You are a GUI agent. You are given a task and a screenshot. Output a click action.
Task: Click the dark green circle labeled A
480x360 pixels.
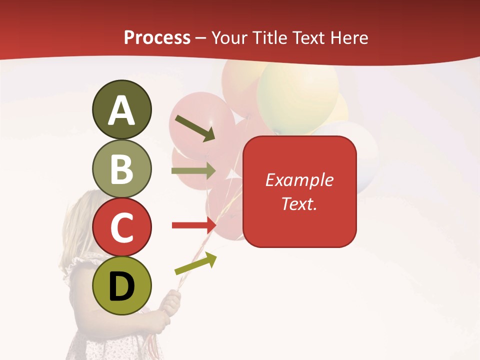121,109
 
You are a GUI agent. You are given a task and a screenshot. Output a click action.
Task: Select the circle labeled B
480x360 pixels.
121,169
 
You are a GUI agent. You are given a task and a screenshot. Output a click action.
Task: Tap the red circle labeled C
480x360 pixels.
121,227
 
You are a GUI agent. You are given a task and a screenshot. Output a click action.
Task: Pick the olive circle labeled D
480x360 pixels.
121,286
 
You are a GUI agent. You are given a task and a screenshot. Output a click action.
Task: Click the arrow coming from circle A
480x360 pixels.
195,128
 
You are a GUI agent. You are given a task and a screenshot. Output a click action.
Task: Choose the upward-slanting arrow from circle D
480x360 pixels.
195,263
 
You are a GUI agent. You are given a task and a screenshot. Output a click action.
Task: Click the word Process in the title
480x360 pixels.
157,37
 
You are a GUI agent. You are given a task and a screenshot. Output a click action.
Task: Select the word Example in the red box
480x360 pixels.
299,180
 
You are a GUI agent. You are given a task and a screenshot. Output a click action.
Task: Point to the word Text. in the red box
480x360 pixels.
299,203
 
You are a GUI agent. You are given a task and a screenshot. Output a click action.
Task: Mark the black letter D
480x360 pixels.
121,287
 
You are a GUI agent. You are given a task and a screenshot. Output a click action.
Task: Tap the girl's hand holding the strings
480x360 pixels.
170,303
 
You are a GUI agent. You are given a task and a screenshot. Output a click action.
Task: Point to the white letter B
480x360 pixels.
121,169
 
